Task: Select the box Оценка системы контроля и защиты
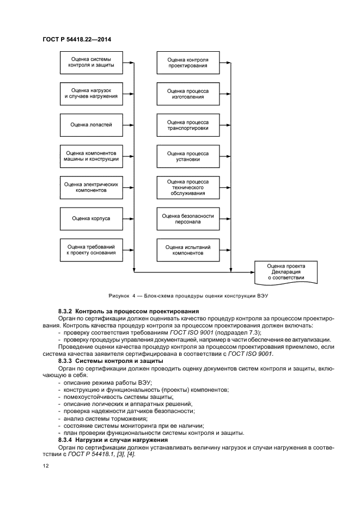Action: point(91,63)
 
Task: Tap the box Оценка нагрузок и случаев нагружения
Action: point(91,94)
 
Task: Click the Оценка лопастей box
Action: point(91,125)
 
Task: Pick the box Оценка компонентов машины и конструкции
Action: point(91,156)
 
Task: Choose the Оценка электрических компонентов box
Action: point(91,187)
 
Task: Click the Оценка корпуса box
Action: point(91,218)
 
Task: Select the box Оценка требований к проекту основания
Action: point(91,250)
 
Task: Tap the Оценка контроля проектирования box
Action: point(188,63)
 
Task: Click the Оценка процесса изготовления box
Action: point(188,94)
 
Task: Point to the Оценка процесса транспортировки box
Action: point(188,125)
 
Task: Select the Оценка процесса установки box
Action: point(188,156)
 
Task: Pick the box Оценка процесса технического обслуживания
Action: point(188,187)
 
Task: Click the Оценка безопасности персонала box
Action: point(188,218)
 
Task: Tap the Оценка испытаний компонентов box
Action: point(188,250)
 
